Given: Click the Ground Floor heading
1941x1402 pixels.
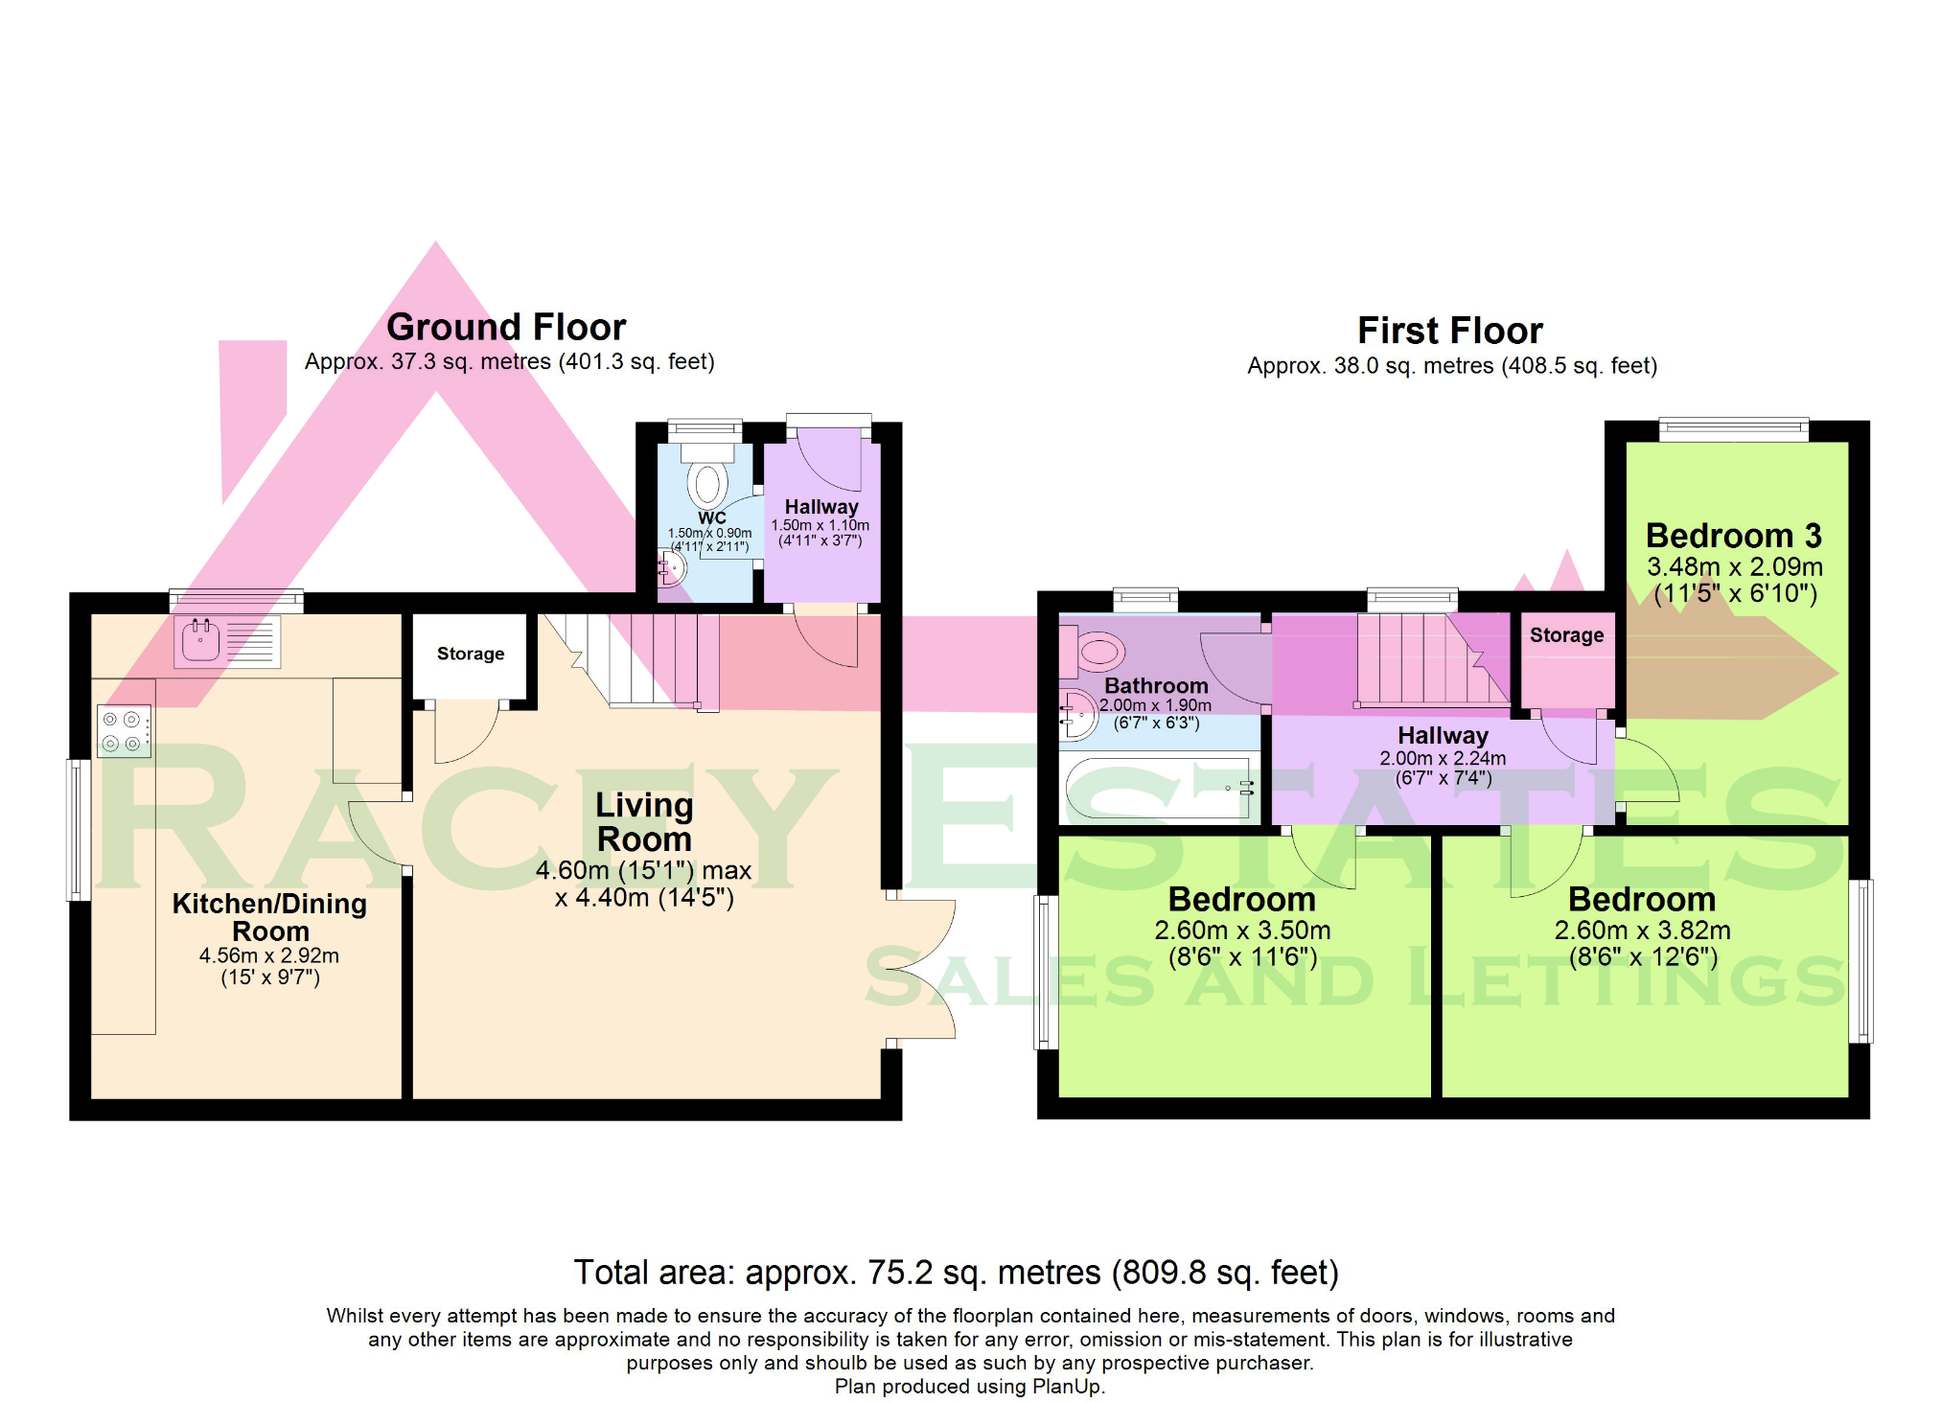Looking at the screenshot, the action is pos(506,328).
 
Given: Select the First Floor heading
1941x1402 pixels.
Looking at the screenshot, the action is pos(1450,332).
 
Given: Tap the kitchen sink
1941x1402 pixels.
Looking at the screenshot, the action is pos(228,641).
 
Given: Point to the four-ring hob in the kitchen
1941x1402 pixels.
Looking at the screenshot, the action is pos(124,731).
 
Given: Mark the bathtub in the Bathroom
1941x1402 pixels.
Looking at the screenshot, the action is pos(1160,788).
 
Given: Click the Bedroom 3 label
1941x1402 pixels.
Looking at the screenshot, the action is pos(1733,536).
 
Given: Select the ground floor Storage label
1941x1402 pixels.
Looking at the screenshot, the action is pos(471,654).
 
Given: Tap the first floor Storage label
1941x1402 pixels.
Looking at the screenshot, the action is pos(1566,635).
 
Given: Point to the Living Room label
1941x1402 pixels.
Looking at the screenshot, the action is pos(644,822).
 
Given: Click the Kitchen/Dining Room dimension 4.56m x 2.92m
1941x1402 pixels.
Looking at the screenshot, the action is pos(269,955).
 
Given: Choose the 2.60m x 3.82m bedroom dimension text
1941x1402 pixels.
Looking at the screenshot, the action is pos(1642,931).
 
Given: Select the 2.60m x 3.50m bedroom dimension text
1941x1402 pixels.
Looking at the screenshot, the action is pos(1242,931).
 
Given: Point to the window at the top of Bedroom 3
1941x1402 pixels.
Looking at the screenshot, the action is pos(1733,429).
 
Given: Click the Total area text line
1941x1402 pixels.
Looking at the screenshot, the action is pos(956,1273).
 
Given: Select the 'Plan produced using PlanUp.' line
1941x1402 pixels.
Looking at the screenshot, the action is pos(970,1387).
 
